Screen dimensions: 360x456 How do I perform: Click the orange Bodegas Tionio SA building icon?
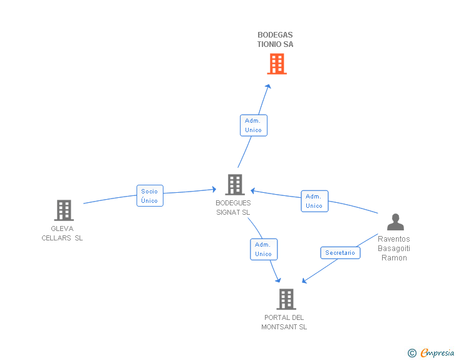pos(276,64)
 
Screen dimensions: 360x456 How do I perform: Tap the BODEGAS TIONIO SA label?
pos(275,39)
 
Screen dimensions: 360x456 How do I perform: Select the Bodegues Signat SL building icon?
pos(234,185)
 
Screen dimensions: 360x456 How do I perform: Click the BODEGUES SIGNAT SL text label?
pos(233,207)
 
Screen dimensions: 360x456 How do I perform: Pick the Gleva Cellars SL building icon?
pos(64,210)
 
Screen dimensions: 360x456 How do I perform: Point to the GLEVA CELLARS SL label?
pos(62,233)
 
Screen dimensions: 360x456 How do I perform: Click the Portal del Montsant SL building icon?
pos(286,299)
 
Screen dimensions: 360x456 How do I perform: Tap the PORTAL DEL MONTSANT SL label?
pos(284,322)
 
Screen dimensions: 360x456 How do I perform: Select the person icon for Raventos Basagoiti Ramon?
pos(395,222)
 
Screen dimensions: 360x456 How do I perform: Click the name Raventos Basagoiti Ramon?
pos(394,248)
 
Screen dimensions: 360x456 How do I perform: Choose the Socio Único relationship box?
pos(150,196)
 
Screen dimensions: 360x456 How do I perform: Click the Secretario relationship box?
pos(340,253)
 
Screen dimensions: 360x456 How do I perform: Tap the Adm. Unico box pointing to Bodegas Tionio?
pos(254,125)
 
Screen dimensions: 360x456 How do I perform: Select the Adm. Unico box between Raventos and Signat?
pos(314,201)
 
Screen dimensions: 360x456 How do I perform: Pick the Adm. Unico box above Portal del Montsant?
pos(264,249)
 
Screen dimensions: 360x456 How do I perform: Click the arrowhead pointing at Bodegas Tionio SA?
pos(269,86)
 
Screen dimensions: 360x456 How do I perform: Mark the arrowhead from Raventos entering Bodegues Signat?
pos(252,190)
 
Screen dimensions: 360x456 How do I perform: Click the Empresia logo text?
pos(437,353)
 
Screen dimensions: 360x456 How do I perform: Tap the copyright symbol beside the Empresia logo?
pos(412,354)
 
